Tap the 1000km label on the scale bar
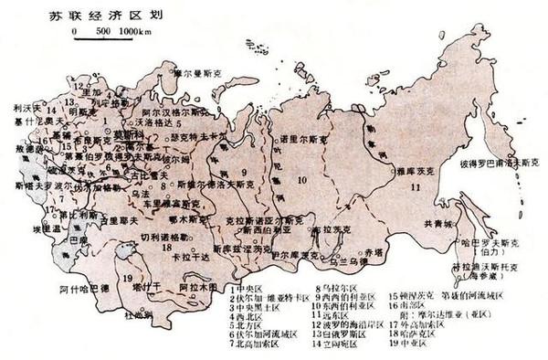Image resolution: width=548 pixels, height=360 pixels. tap(136, 33)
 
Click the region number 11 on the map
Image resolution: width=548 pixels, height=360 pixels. tap(416, 187)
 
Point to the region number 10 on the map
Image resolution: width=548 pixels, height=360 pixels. tap(302, 179)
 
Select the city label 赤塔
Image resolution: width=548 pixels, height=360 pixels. tap(373, 250)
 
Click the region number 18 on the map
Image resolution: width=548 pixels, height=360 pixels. tap(168, 247)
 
